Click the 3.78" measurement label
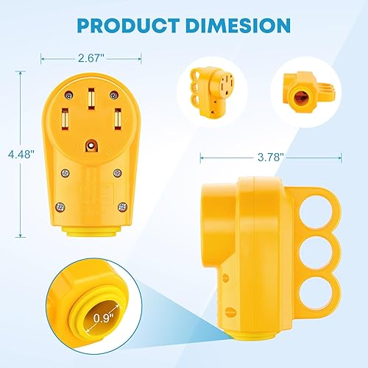(277, 157)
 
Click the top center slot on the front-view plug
(91, 100)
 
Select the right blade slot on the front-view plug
(118, 118)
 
